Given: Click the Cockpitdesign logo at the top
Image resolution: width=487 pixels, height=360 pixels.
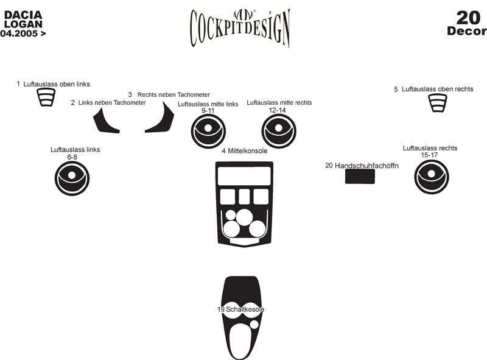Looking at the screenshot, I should coord(240,27).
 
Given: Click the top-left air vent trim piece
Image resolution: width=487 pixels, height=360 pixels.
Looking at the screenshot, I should coord(46,97).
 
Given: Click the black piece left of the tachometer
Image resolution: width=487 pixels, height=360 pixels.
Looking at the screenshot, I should coord(105,121).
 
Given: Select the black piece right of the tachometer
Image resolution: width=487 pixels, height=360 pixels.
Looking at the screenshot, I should coord(162,121).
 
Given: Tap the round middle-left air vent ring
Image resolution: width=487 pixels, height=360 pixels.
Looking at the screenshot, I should coord(208,131).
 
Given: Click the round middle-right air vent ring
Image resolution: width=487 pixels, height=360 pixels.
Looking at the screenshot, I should coord(279,130).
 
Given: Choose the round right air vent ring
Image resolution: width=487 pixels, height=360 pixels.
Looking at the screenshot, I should coord(432,177).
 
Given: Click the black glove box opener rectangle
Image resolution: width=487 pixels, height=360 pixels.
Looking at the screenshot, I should coord(359,176).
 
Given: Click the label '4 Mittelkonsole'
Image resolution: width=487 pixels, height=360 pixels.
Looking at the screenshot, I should coord(244,150).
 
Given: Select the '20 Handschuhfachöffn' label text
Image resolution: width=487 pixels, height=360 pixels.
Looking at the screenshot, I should coord(362,165).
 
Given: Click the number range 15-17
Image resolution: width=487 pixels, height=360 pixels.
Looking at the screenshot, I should coord(429,155).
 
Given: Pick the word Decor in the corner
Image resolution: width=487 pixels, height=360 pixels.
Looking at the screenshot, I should coord(466,31).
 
